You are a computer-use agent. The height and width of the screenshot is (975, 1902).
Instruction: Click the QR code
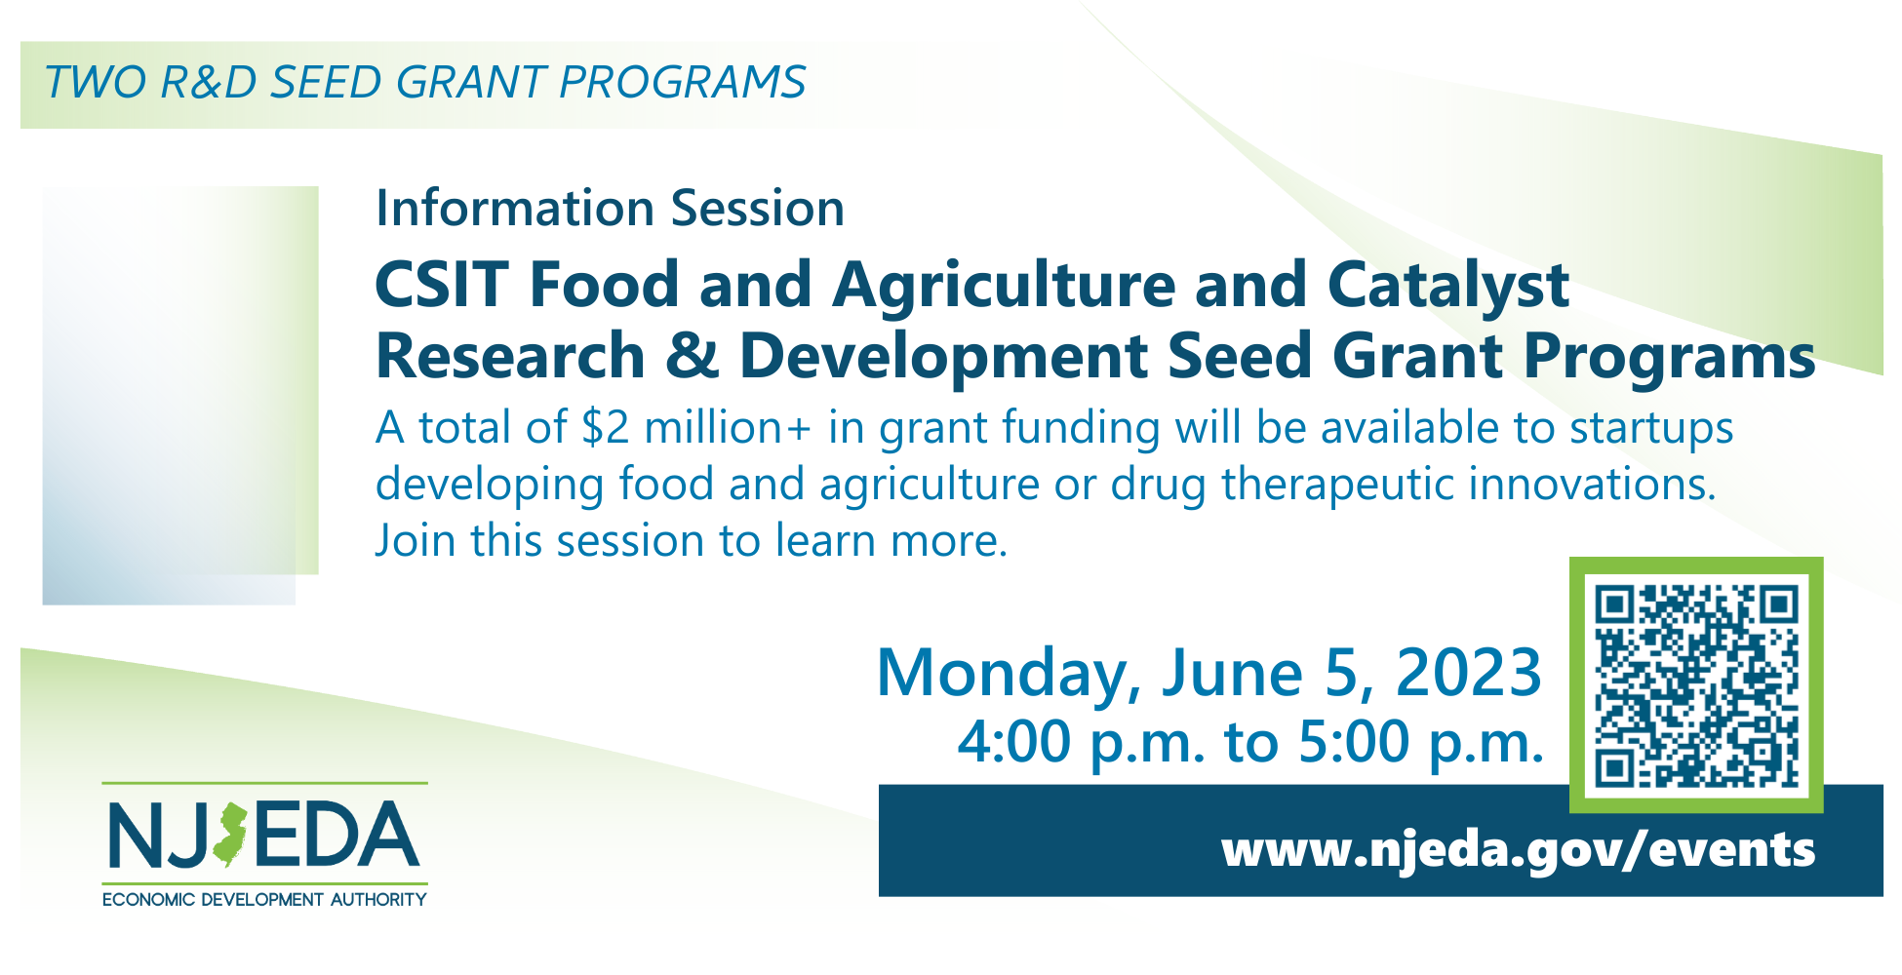tap(1696, 685)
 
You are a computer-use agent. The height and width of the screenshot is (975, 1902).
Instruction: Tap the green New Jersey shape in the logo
tap(231, 836)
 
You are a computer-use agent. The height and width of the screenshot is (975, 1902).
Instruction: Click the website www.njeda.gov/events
tap(1518, 848)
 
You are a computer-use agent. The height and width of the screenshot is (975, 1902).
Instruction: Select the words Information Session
tap(610, 209)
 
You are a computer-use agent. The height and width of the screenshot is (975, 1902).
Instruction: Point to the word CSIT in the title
tap(441, 285)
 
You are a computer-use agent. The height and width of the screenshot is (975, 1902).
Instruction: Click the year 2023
tap(1469, 673)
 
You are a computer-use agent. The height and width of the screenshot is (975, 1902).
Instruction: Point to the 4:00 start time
tap(1014, 742)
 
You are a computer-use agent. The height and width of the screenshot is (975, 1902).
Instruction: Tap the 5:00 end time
tap(1354, 742)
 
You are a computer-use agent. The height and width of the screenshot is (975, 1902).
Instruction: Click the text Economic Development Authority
tap(264, 899)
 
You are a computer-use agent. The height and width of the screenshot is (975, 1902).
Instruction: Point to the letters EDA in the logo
tap(337, 836)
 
